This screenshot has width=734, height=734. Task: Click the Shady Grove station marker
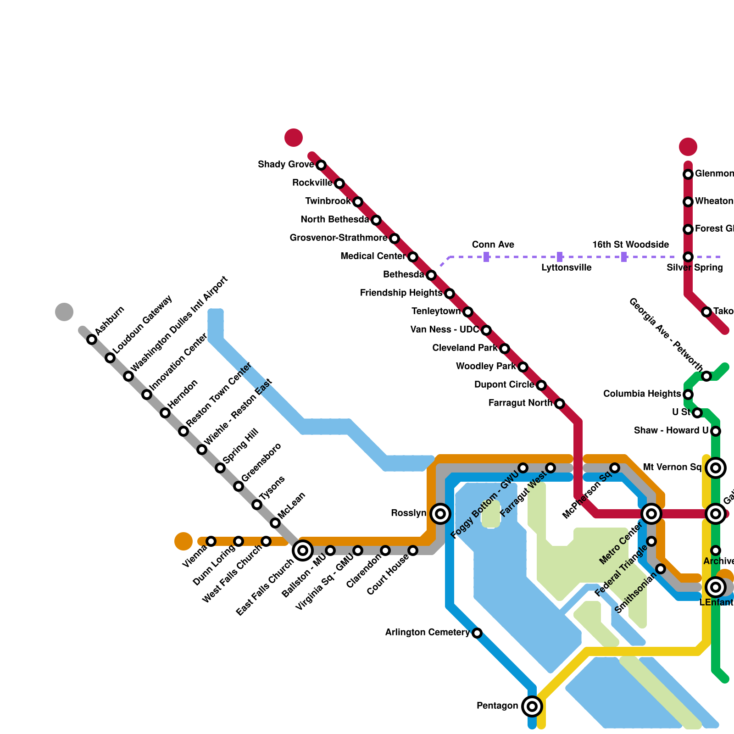click(x=321, y=165)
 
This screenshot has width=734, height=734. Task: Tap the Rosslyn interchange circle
click(x=440, y=514)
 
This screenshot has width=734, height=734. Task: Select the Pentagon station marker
click(x=532, y=706)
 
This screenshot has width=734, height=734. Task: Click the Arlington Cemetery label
click(x=427, y=633)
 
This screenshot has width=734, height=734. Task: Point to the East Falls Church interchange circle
click(x=303, y=550)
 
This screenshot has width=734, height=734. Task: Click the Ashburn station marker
click(x=92, y=339)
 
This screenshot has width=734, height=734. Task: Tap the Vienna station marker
click(x=211, y=541)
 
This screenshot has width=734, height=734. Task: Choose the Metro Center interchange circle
click(x=651, y=514)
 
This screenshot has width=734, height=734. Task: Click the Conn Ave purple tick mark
click(x=486, y=257)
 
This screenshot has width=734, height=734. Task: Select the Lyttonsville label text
click(x=566, y=268)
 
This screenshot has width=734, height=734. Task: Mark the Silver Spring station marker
click(x=688, y=257)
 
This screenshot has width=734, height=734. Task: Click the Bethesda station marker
click(x=431, y=275)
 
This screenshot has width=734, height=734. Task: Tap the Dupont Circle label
click(x=504, y=385)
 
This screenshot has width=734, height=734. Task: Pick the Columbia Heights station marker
click(x=688, y=395)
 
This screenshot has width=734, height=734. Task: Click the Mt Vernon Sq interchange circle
click(x=716, y=468)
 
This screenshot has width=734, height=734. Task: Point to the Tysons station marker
click(x=257, y=505)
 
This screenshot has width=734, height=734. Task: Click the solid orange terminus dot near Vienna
click(x=183, y=541)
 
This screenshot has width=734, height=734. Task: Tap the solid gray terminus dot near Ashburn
click(x=64, y=312)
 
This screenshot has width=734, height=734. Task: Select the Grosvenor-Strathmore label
click(x=338, y=238)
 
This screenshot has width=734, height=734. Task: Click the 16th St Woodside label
click(x=630, y=245)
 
